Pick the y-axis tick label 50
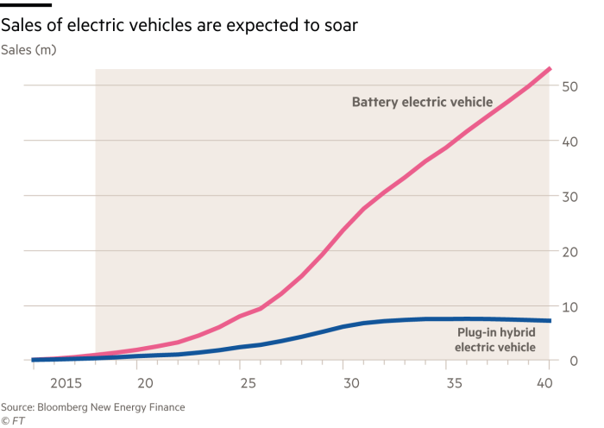click(x=569, y=86)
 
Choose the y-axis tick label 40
click(x=569, y=142)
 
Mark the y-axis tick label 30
click(x=569, y=197)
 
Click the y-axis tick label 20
click(x=569, y=252)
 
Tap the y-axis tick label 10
click(x=569, y=307)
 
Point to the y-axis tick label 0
click(x=574, y=362)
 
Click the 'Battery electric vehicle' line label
click(x=422, y=102)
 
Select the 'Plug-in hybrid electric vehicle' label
click(x=495, y=340)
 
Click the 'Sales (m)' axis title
click(x=28, y=51)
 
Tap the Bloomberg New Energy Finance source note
click(x=92, y=406)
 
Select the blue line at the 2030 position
click(x=345, y=326)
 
